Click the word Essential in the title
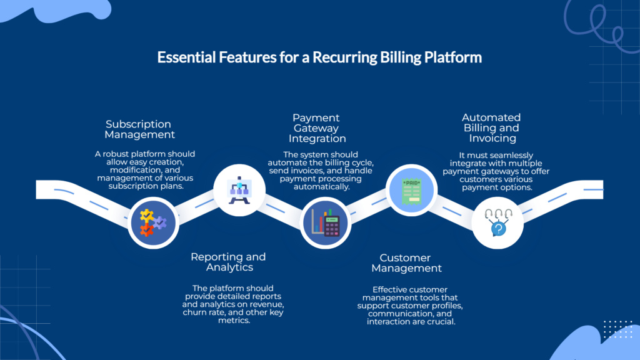pos(182,58)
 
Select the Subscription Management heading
pos(139,129)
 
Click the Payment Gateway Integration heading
pos(317,128)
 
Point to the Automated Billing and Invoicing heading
pos(491,127)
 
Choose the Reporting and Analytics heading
pos(228,262)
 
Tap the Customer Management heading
pos(406,262)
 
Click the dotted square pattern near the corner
pos(618,328)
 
